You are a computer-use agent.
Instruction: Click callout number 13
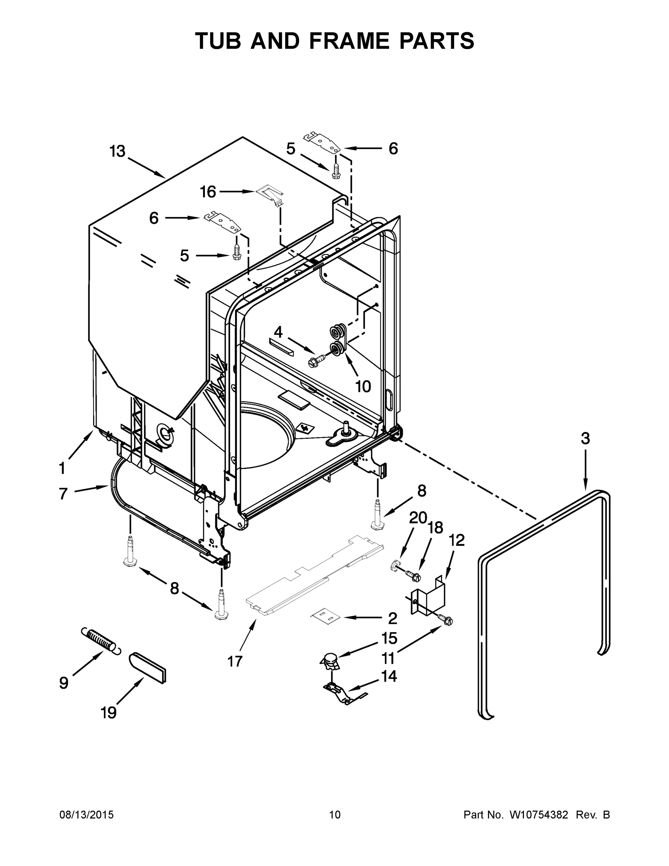[x=117, y=152]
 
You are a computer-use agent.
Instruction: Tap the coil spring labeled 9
[x=100, y=639]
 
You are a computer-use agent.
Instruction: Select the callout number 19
[x=109, y=713]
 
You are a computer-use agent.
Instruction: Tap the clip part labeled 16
[x=269, y=195]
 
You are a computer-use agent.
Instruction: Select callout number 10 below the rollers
[x=363, y=386]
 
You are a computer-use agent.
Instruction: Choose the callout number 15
[x=389, y=638]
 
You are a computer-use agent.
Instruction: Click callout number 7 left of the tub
[x=63, y=494]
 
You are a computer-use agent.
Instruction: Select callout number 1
[x=62, y=468]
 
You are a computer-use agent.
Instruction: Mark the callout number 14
[x=389, y=676]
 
